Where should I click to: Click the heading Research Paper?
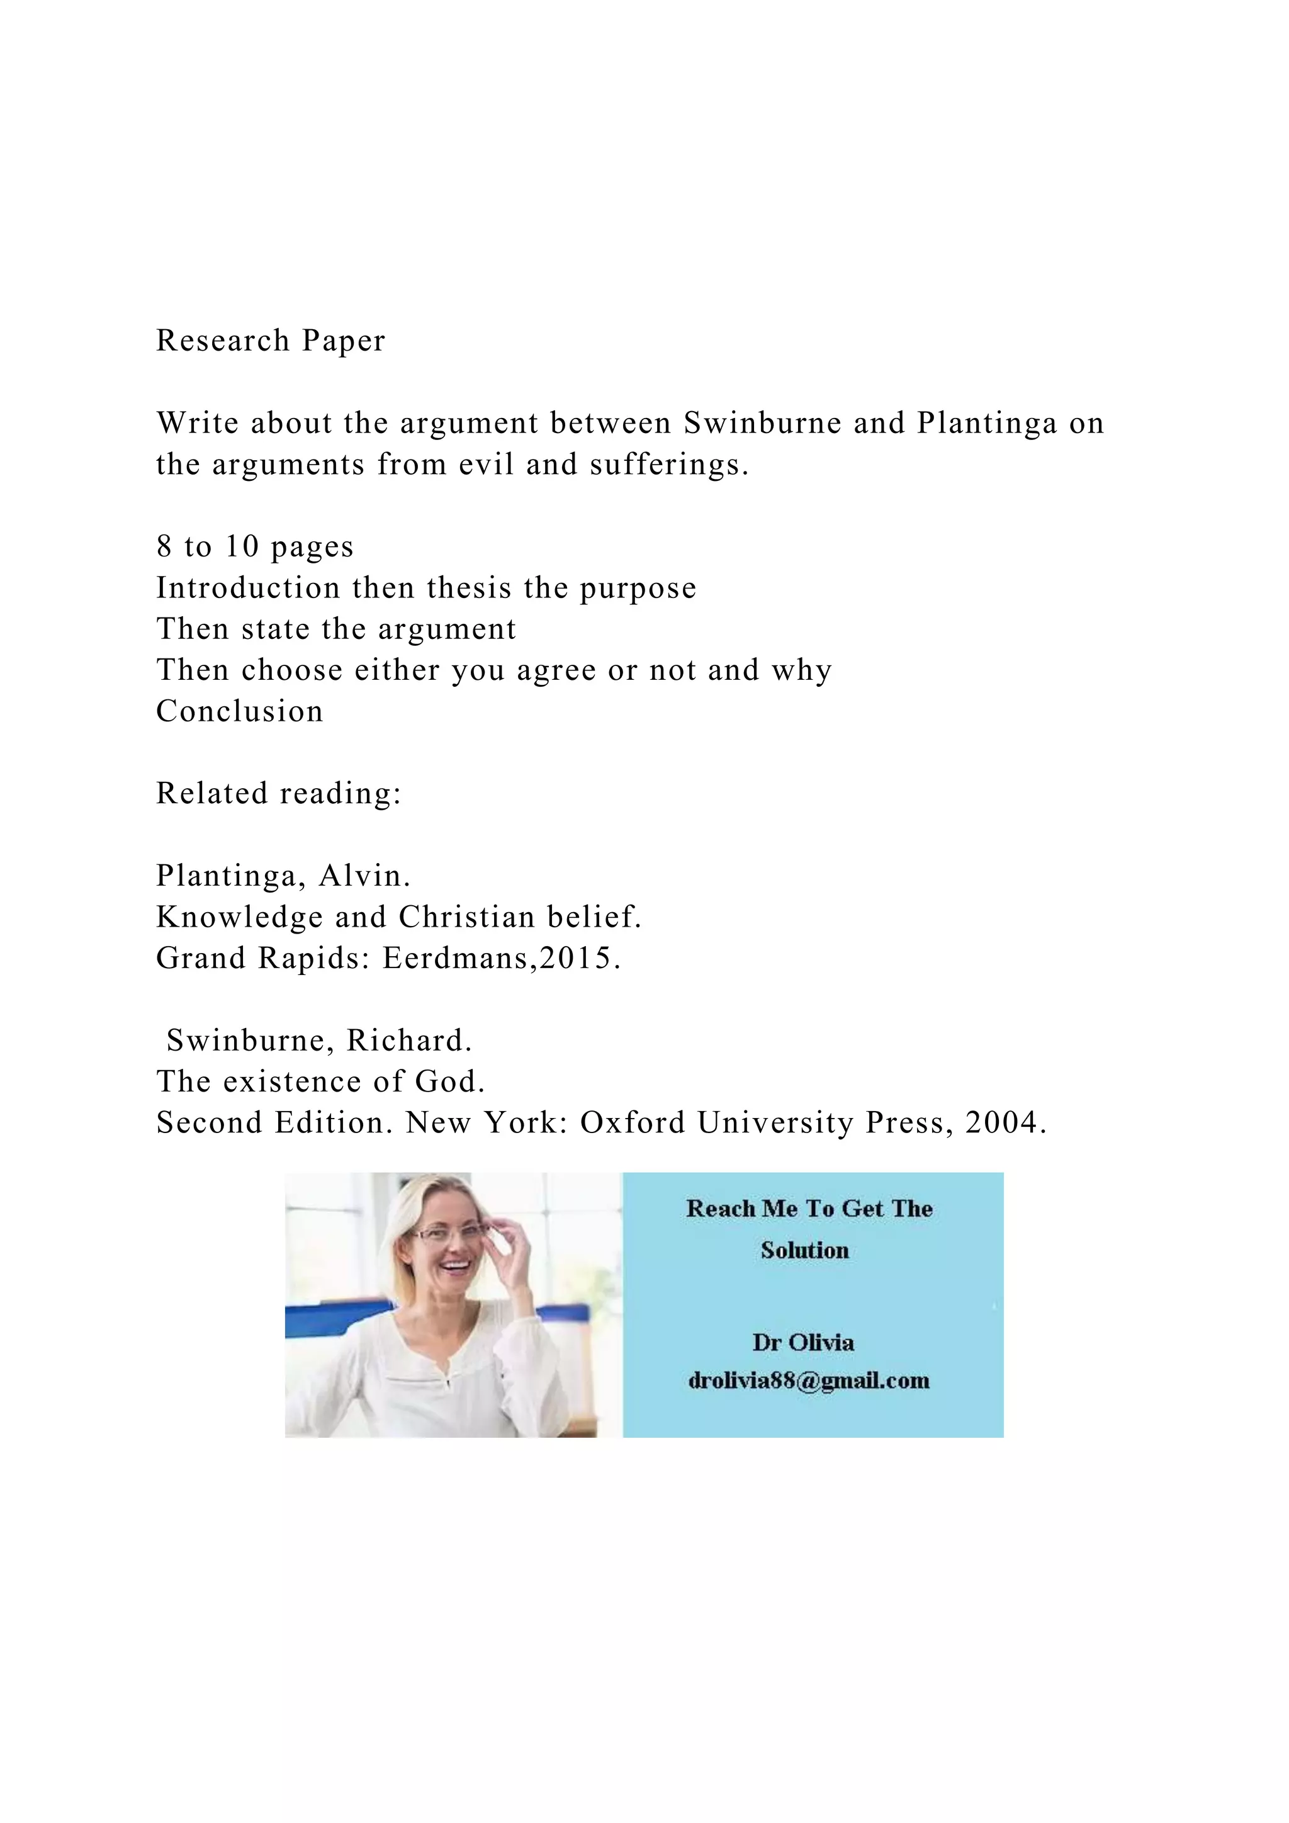[x=271, y=341]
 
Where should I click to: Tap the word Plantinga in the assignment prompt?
[x=987, y=423]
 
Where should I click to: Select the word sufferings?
[x=668, y=465]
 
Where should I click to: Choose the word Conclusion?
[x=240, y=711]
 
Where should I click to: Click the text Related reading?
[x=279, y=793]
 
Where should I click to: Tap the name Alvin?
[x=364, y=876]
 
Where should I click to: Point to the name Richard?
[x=408, y=1040]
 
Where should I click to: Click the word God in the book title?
[x=449, y=1081]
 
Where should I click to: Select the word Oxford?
[x=633, y=1123]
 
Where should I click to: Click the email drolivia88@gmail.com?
[x=809, y=1380]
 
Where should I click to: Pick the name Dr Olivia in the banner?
[x=803, y=1342]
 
